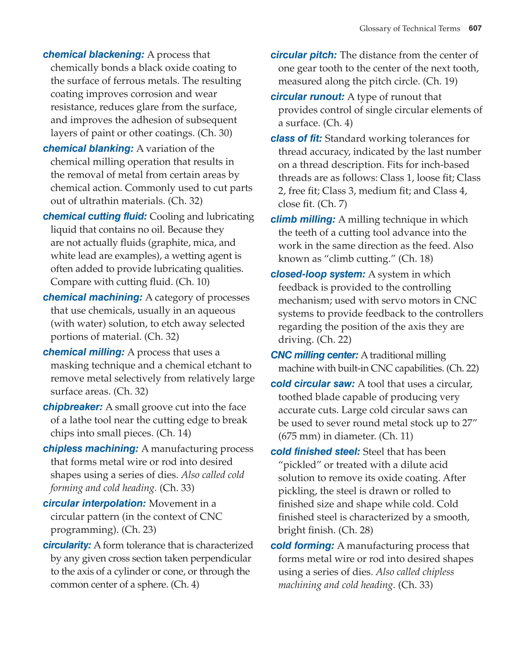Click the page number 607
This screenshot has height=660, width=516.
pyautogui.click(x=475, y=29)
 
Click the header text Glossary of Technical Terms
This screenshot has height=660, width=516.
pyautogui.click(x=409, y=29)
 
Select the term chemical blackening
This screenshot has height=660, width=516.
pyautogui.click(x=93, y=54)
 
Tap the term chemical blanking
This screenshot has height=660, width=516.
pyautogui.click(x=88, y=149)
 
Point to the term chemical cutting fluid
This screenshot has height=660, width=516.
pyautogui.click(x=95, y=216)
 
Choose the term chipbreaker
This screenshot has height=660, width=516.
pyautogui.click(x=73, y=407)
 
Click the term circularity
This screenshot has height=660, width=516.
pyautogui.click(x=67, y=545)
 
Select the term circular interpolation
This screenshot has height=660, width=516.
pyautogui.click(x=94, y=503)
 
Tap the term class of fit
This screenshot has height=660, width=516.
pyautogui.click(x=296, y=139)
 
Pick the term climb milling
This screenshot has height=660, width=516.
pyautogui.click(x=303, y=220)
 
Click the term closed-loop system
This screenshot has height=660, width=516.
pyautogui.click(x=318, y=274)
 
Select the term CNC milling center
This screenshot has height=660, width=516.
pyautogui.click(x=314, y=355)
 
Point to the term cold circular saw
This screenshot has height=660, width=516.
pyautogui.click(x=312, y=384)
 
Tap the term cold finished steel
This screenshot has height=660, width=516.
pyautogui.click(x=315, y=452)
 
